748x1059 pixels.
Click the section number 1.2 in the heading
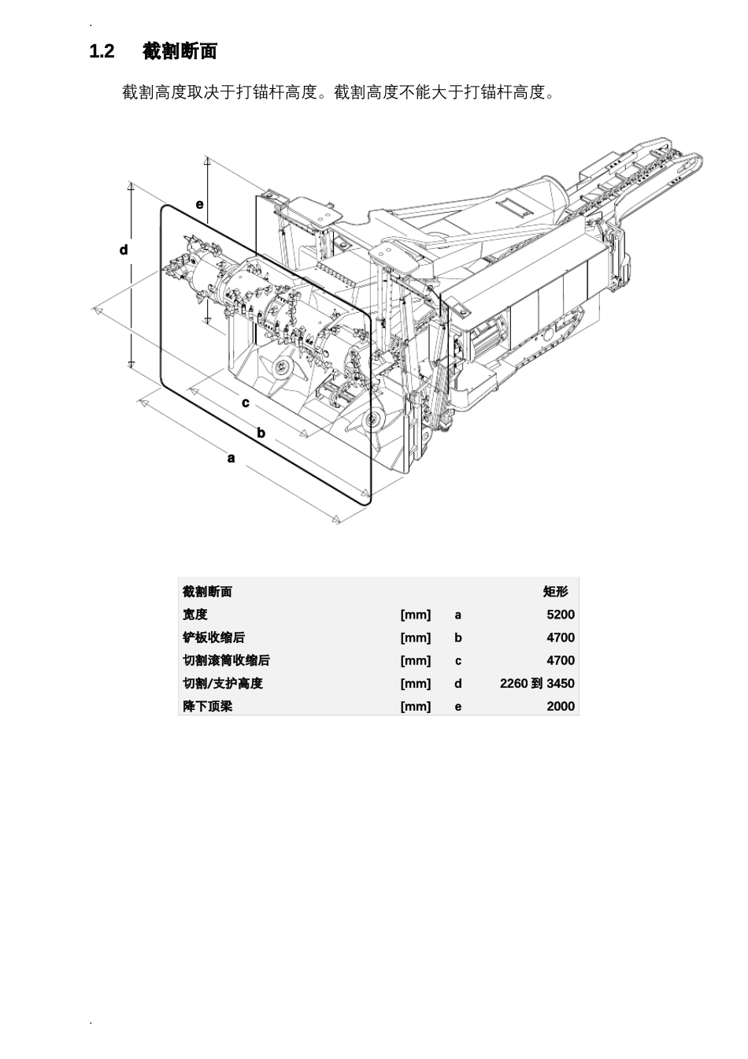pos(102,51)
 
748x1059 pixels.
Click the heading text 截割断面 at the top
pos(180,51)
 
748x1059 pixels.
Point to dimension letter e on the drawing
pos(199,204)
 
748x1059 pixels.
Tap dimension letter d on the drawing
pos(124,250)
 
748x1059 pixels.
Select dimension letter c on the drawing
pos(245,403)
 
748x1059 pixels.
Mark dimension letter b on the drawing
pos(261,433)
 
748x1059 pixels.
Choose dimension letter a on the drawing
pos(231,458)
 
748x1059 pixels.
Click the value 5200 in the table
pos(561,615)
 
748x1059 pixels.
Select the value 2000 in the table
pos(561,706)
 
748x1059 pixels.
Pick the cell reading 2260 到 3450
pos(537,684)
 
